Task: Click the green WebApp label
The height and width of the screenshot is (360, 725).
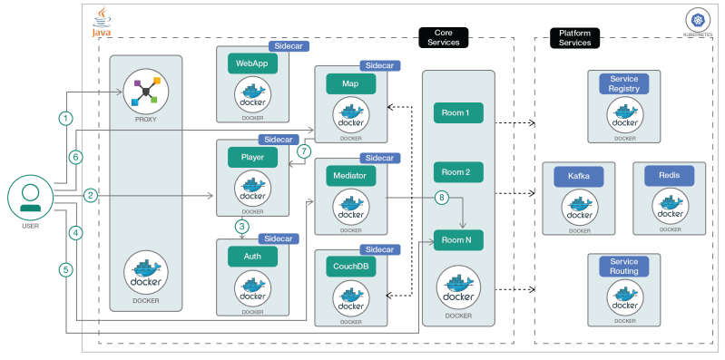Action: tap(251, 64)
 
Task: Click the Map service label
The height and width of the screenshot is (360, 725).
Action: tap(350, 83)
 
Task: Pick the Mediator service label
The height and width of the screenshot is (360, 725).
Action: tap(349, 175)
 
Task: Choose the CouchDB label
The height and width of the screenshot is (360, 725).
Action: tap(349, 268)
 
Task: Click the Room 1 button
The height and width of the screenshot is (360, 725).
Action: tap(457, 113)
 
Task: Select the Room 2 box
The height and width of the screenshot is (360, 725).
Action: tap(457, 172)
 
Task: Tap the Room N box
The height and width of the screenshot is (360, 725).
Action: tap(457, 240)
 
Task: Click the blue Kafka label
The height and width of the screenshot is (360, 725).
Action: tap(578, 177)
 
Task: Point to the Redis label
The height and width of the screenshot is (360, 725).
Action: tap(670, 177)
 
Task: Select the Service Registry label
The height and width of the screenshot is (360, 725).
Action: tap(624, 84)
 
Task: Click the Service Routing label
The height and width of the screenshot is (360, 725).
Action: tap(624, 267)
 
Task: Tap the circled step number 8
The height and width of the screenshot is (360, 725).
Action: tap(442, 197)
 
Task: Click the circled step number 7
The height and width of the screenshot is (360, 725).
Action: tap(304, 151)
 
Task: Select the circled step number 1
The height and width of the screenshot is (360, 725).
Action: tap(64, 118)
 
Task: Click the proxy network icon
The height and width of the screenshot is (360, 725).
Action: tap(145, 91)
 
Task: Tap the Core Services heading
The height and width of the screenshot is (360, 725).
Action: tap(444, 37)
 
